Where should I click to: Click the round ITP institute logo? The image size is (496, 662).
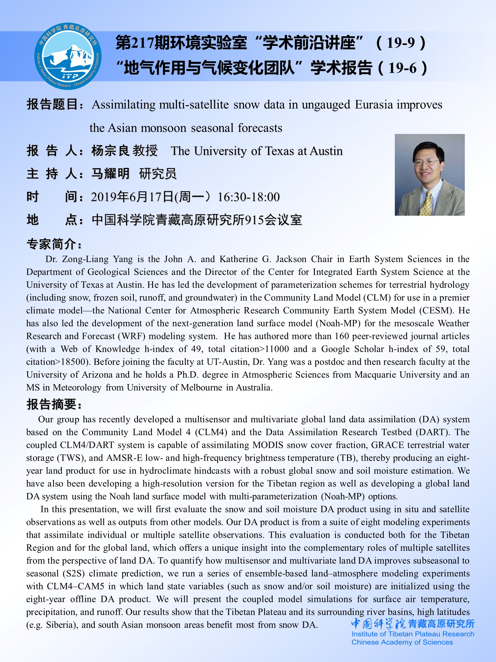pos(68,57)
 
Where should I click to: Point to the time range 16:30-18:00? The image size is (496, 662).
pos(248,197)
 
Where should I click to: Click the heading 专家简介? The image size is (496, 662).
pos(54,244)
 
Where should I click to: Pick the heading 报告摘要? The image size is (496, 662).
pos(54,404)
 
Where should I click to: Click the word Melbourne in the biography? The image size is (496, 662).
pos(201,388)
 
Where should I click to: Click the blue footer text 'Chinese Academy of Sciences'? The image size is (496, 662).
pos(402,642)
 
